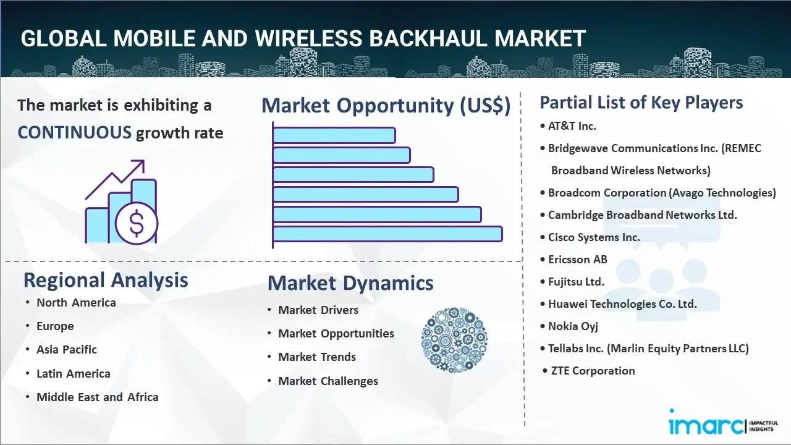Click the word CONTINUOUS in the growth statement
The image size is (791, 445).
tap(74, 132)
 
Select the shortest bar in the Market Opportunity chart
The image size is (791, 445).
tap(334, 135)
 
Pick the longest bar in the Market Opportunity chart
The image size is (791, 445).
tap(387, 234)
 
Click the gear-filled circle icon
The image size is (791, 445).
tap(454, 341)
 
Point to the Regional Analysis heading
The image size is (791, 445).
tap(106, 280)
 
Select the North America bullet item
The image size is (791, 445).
tap(76, 302)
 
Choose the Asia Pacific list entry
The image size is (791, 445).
tap(67, 349)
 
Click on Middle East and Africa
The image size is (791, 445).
tap(97, 397)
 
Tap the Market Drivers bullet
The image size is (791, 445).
tap(318, 310)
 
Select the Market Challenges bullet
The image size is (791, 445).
tap(328, 381)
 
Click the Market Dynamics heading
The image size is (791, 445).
tap(350, 283)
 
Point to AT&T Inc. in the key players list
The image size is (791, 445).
tap(572, 125)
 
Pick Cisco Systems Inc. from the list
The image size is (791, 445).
tap(594, 237)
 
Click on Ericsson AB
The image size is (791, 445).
tap(577, 259)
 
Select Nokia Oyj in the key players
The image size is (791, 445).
tap(573, 326)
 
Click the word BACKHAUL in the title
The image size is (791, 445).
tap(417, 38)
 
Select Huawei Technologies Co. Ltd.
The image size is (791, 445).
tap(622, 303)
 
